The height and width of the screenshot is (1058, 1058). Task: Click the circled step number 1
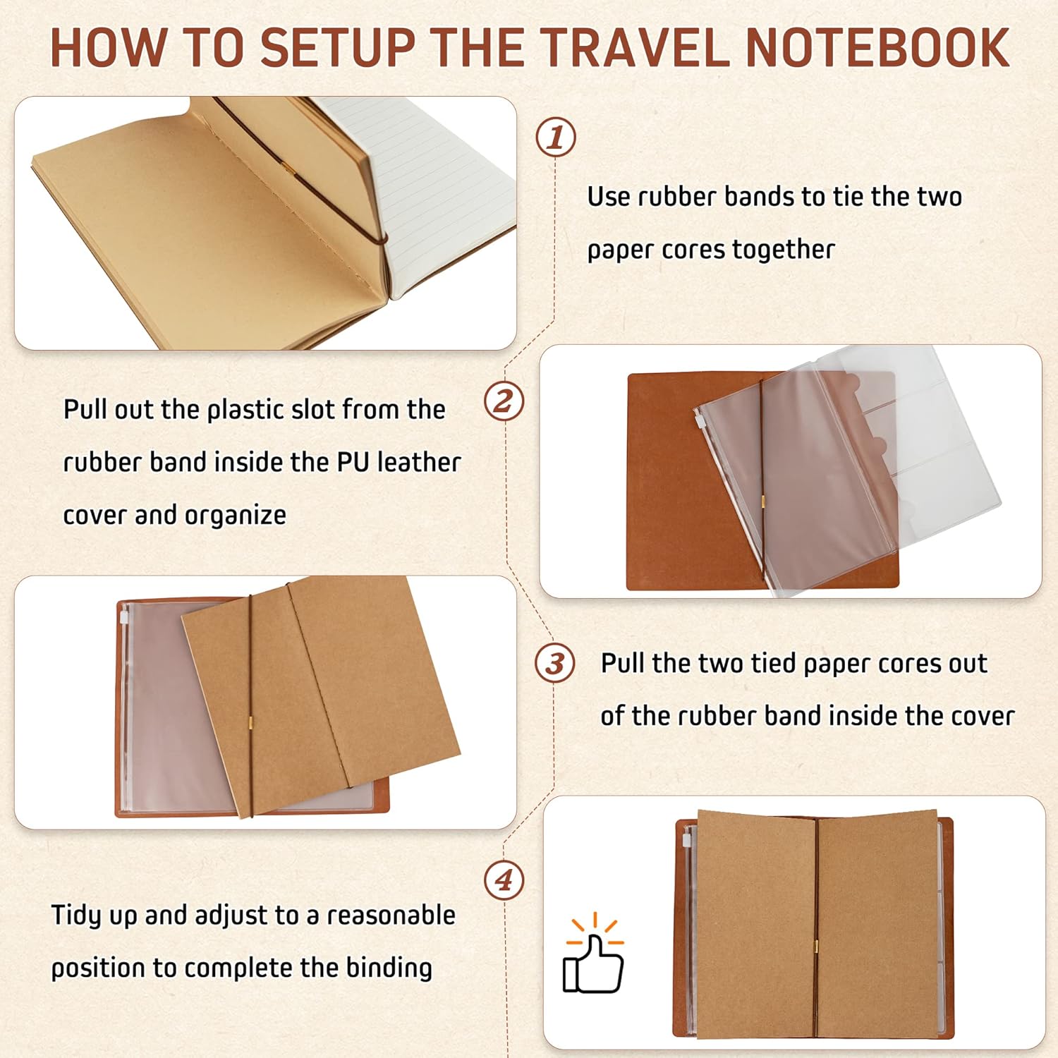[x=556, y=137]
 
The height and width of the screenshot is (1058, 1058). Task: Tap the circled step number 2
[x=504, y=402]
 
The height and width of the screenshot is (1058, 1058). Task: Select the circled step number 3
[x=555, y=663]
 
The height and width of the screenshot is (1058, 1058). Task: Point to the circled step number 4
[x=504, y=880]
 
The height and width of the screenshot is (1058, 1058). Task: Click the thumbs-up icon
[x=594, y=954]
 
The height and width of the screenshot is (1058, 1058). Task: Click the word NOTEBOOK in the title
[x=877, y=48]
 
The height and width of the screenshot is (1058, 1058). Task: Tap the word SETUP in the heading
[x=338, y=48]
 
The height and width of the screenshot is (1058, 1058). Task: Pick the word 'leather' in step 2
[x=419, y=462]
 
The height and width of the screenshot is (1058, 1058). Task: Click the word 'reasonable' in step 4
[x=391, y=916]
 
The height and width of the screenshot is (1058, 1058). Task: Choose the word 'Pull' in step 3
[x=623, y=663]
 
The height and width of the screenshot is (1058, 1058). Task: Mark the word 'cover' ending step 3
[x=983, y=717]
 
